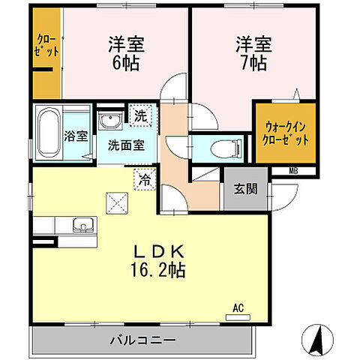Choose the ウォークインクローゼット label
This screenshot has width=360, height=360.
click(286, 133)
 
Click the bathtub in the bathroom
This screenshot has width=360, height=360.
click(49, 133)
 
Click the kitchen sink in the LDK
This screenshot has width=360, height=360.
click(81, 225)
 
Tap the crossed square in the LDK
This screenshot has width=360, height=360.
click(117, 202)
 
